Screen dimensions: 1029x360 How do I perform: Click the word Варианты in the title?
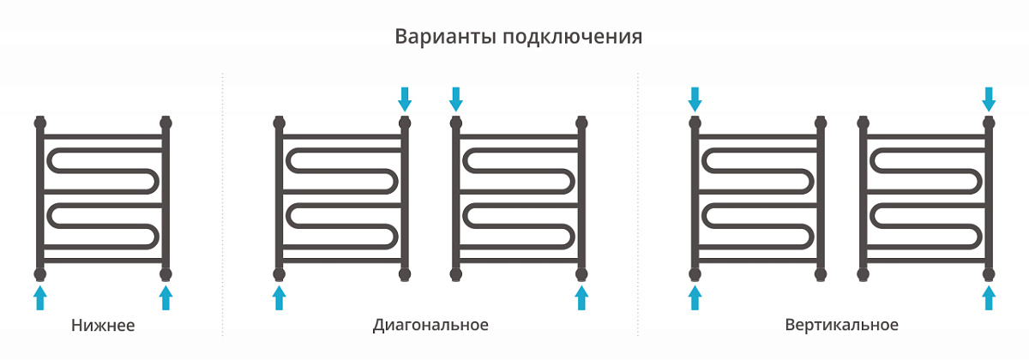(446, 37)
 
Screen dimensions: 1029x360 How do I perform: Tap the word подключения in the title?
(573, 37)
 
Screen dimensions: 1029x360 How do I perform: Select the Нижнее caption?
(103, 325)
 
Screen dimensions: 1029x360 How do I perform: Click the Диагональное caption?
(430, 325)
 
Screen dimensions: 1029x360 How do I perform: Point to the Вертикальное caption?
(841, 325)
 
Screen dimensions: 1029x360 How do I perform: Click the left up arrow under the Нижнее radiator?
(40, 297)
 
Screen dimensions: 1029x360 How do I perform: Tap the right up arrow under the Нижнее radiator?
(165, 297)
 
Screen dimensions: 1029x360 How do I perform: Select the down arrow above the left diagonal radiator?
(405, 99)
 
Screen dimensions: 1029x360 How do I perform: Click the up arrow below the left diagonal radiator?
(279, 297)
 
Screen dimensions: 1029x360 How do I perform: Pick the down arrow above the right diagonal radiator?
(455, 99)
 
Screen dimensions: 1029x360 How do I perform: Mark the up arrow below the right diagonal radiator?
(581, 297)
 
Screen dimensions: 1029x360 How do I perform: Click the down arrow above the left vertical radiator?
(695, 99)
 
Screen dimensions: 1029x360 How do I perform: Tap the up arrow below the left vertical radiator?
(695, 297)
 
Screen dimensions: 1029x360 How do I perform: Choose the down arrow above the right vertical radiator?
(989, 99)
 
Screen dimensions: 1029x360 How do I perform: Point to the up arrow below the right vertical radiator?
(989, 297)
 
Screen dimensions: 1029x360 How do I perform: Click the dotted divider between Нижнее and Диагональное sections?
(223, 204)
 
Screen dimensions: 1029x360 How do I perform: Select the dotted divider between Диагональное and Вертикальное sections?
(638, 204)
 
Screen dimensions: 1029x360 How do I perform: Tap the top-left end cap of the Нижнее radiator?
(40, 123)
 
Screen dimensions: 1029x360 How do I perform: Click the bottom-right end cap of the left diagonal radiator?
(405, 274)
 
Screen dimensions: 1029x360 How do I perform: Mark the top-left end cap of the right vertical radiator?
(864, 123)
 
